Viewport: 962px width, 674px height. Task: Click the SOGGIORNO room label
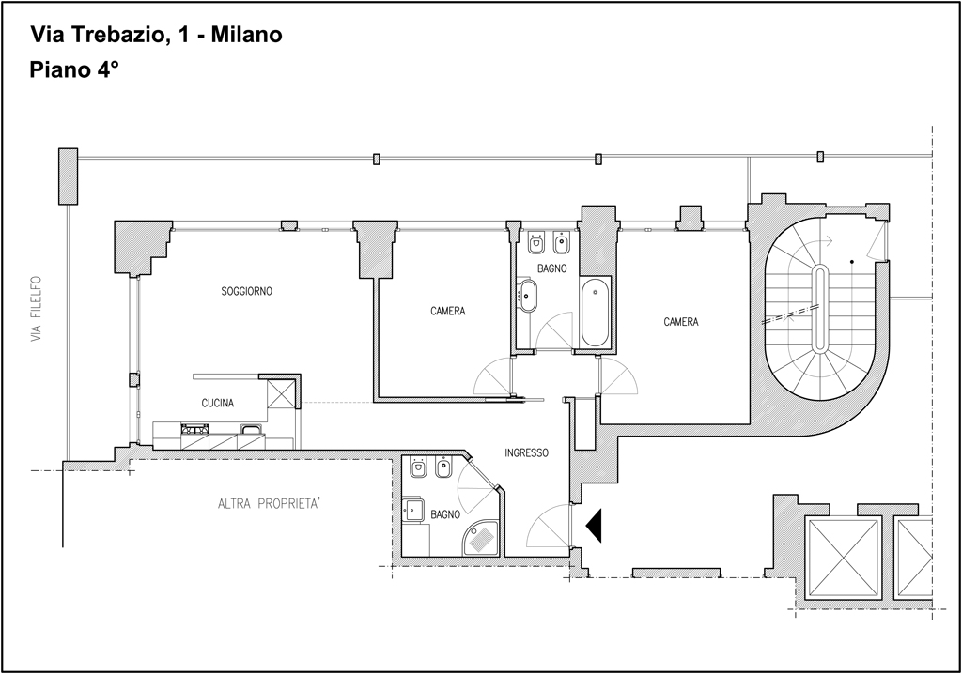[x=247, y=291]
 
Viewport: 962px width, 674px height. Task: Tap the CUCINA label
[x=218, y=403]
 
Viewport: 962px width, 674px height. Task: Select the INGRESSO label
[x=526, y=453]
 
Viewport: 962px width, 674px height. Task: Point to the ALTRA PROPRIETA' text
[x=270, y=504]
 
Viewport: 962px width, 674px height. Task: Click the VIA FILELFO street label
[x=38, y=309]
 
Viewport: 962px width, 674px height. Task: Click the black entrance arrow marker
[x=594, y=526]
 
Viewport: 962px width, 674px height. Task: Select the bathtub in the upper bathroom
[x=595, y=313]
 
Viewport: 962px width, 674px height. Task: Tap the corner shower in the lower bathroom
[x=482, y=539]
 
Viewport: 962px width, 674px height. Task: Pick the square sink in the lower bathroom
[x=413, y=510]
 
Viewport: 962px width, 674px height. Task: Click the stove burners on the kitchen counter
[x=195, y=429]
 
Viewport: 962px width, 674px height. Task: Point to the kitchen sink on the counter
[x=252, y=429]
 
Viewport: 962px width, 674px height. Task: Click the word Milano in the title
[x=246, y=35]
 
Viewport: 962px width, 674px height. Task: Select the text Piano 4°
[x=73, y=69]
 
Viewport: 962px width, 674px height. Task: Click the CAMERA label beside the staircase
[x=681, y=322]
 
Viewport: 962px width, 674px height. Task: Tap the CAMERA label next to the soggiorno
[x=448, y=312]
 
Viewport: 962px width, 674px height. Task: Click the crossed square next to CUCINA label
[x=282, y=393]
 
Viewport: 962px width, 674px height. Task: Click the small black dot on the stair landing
[x=851, y=262]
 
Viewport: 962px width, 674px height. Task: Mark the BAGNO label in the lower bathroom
[x=444, y=514]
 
